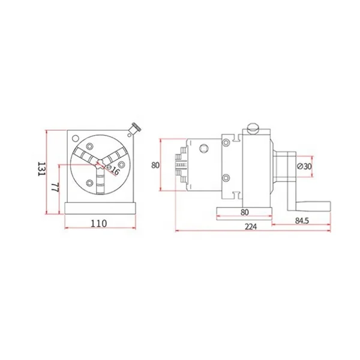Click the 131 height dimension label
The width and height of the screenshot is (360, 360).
[x=41, y=169]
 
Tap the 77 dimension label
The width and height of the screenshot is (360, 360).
[x=55, y=187]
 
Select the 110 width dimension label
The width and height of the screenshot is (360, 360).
[x=99, y=223]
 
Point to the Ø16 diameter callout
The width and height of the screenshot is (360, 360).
[x=113, y=170]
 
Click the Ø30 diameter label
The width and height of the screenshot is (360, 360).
[x=304, y=166]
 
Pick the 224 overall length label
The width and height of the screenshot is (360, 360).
[x=251, y=227]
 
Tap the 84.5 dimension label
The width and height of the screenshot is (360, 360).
[x=302, y=221]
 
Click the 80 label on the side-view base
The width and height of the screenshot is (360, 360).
[x=245, y=212]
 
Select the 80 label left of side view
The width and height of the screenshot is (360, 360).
[x=155, y=165]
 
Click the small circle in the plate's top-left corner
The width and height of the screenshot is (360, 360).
[x=75, y=139]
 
